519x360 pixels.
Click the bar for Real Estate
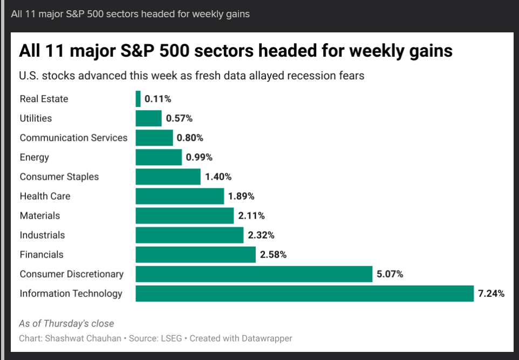click(138, 99)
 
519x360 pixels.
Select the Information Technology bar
click(304, 294)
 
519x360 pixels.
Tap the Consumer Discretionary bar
click(254, 274)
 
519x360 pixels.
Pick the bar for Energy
click(159, 157)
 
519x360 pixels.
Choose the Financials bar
click(195, 255)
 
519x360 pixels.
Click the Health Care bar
click(180, 196)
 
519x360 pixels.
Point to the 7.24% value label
click(491, 294)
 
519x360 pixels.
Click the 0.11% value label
click(158, 99)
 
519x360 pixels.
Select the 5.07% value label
click(390, 274)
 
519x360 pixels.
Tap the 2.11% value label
click(251, 216)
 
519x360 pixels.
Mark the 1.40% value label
click(218, 176)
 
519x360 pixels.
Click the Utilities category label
click(36, 118)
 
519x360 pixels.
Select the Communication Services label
click(73, 138)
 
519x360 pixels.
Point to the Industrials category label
click(42, 235)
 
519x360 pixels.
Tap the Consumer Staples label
click(59, 176)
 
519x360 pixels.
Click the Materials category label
click(40, 216)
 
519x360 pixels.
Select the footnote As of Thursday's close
click(66, 324)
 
